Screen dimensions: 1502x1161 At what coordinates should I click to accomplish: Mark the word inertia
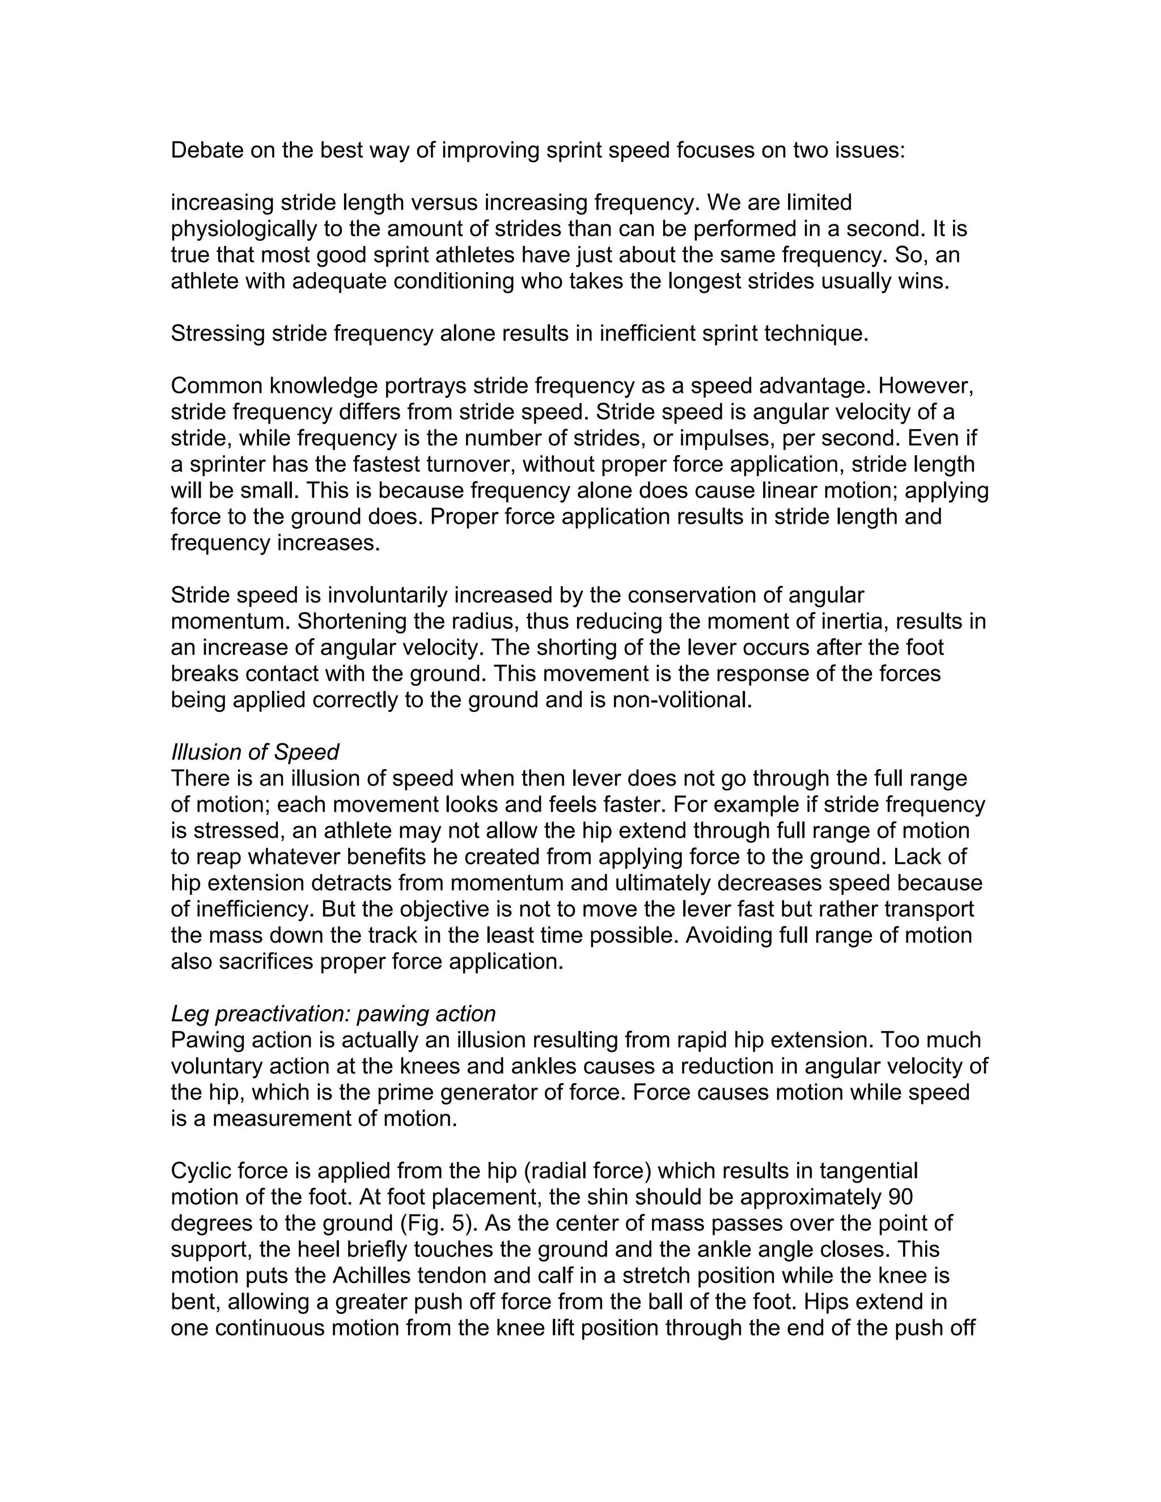(x=851, y=621)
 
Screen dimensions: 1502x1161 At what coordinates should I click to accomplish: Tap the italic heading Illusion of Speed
(x=255, y=752)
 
